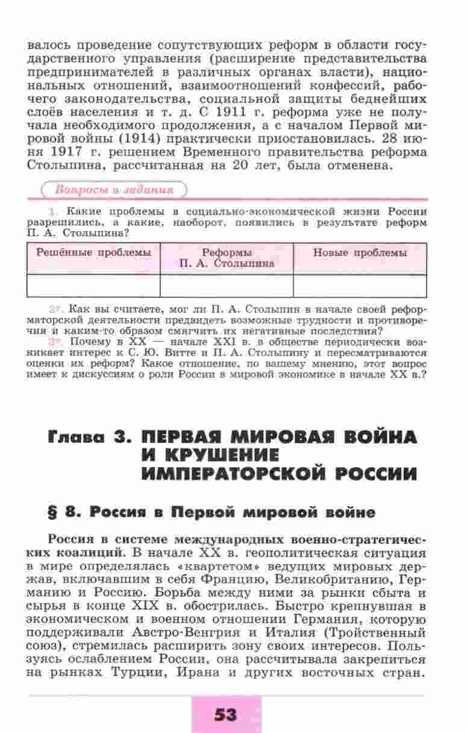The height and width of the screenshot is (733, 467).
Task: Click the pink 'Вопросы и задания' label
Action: (x=114, y=190)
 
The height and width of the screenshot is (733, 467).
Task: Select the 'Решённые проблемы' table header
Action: (x=93, y=253)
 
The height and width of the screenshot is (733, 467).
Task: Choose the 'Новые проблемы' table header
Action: (x=360, y=253)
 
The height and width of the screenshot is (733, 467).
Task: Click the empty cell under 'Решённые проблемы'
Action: (x=93, y=286)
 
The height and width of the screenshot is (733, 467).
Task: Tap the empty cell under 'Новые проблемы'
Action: (x=360, y=286)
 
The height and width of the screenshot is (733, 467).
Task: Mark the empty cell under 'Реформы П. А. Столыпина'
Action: (x=227, y=286)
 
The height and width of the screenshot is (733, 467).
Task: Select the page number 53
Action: (x=225, y=714)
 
